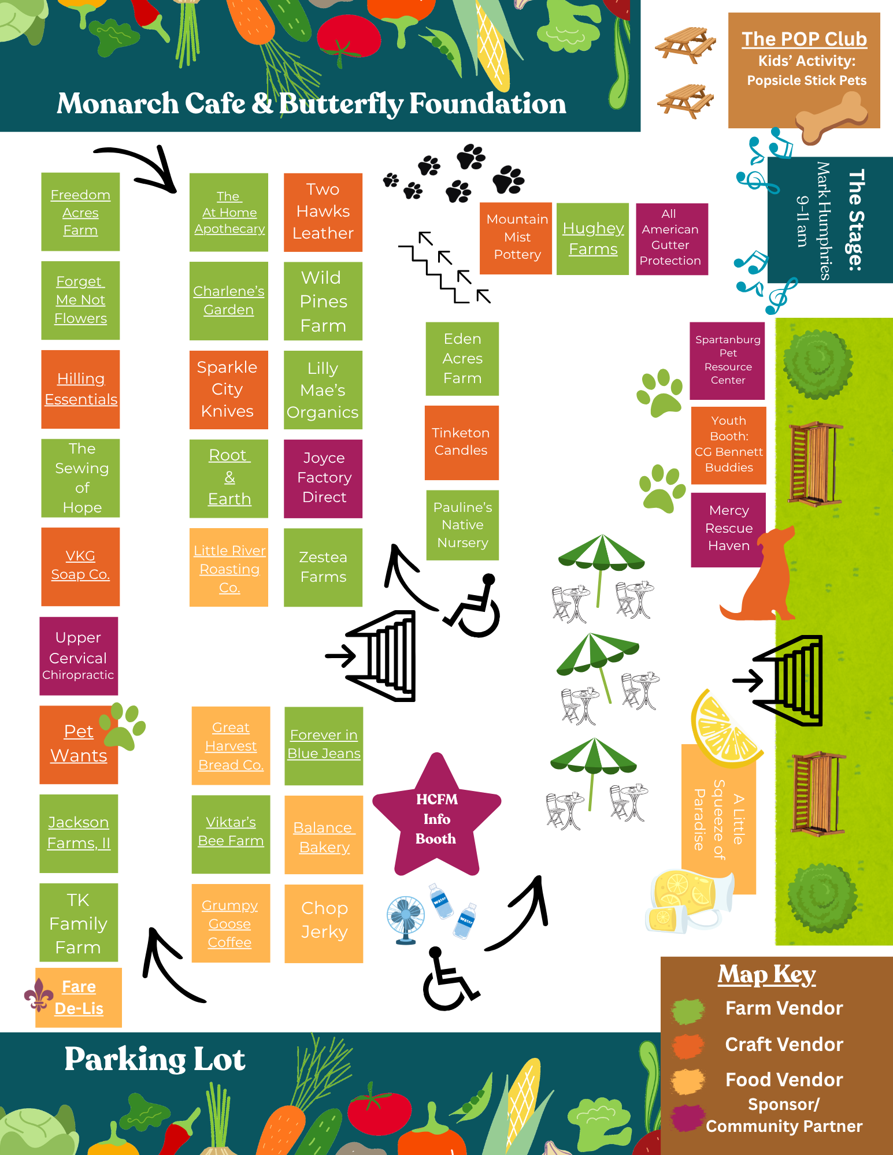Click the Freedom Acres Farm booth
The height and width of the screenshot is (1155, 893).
pyautogui.click(x=80, y=211)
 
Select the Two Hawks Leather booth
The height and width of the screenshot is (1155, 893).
pyautogui.click(x=323, y=212)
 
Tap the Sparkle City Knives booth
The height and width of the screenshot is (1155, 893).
pyautogui.click(x=229, y=389)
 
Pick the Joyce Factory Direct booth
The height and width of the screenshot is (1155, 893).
pyautogui.click(x=323, y=478)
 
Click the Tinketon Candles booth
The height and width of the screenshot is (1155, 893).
pyautogui.click(x=462, y=443)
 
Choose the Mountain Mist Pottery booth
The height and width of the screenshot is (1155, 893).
pyautogui.click(x=516, y=238)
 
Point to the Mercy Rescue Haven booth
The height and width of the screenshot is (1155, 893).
pyautogui.click(x=728, y=529)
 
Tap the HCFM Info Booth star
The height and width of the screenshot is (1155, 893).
pyautogui.click(x=437, y=816)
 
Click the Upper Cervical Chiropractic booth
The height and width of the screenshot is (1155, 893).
pyautogui.click(x=79, y=656)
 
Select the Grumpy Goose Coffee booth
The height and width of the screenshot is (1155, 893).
pyautogui.click(x=231, y=923)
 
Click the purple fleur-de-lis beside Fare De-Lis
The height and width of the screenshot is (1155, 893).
pyautogui.click(x=39, y=995)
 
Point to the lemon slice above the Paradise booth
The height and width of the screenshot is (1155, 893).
pyautogui.click(x=725, y=725)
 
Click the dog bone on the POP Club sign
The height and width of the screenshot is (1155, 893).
pyautogui.click(x=832, y=117)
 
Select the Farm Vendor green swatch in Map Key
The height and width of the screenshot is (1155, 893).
pyautogui.click(x=688, y=1010)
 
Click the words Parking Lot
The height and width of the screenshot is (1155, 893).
pyautogui.click(x=155, y=1060)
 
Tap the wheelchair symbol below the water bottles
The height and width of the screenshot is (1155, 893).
pyautogui.click(x=449, y=978)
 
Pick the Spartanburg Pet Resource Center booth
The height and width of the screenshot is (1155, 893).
pyautogui.click(x=728, y=361)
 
